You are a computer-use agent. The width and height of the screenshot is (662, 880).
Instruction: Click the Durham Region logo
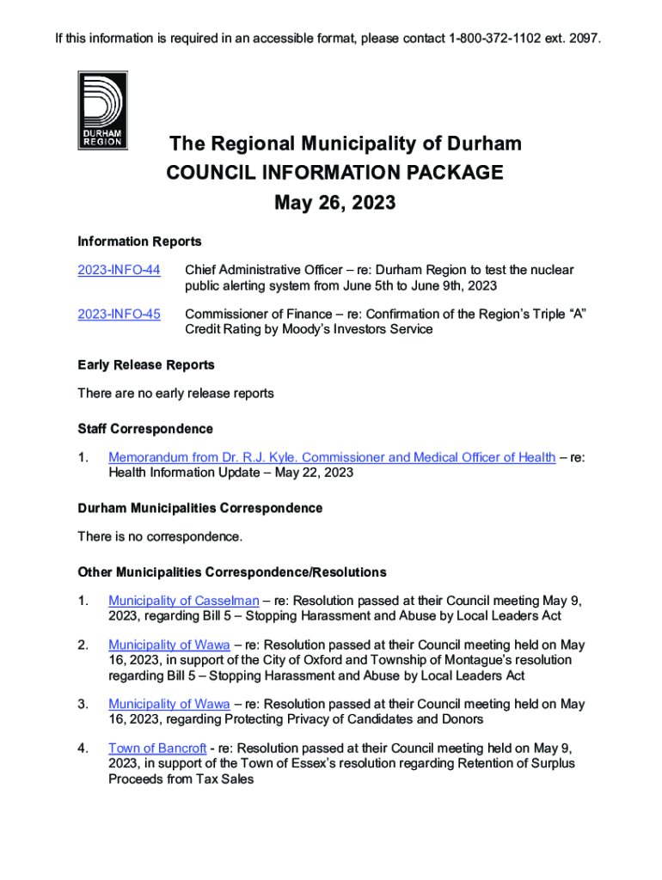pyautogui.click(x=102, y=110)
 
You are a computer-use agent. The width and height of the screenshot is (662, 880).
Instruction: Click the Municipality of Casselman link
pyautogui.click(x=183, y=600)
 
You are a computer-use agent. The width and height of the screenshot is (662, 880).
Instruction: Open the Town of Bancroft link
pyautogui.click(x=156, y=748)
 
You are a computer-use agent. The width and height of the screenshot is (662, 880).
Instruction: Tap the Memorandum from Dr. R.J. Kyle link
pyautogui.click(x=331, y=457)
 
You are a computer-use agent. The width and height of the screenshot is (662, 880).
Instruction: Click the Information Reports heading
pyautogui.click(x=139, y=241)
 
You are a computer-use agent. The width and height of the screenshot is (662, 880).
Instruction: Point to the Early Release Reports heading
pyautogui.click(x=145, y=364)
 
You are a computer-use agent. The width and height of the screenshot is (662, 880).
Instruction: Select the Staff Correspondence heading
pyautogui.click(x=144, y=428)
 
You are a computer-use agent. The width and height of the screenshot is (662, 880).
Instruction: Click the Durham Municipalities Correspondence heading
pyautogui.click(x=199, y=508)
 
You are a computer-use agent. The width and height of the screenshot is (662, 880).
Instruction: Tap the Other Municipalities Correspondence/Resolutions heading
pyautogui.click(x=231, y=571)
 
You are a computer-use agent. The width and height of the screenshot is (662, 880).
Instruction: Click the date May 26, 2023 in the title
pyautogui.click(x=334, y=203)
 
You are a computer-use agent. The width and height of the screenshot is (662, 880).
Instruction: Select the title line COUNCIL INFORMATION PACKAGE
pyautogui.click(x=334, y=173)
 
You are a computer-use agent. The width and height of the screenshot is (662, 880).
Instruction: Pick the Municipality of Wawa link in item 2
pyautogui.click(x=169, y=645)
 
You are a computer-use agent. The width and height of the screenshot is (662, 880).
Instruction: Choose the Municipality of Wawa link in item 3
pyautogui.click(x=169, y=704)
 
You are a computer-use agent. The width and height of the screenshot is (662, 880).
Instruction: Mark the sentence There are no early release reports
pyautogui.click(x=175, y=393)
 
